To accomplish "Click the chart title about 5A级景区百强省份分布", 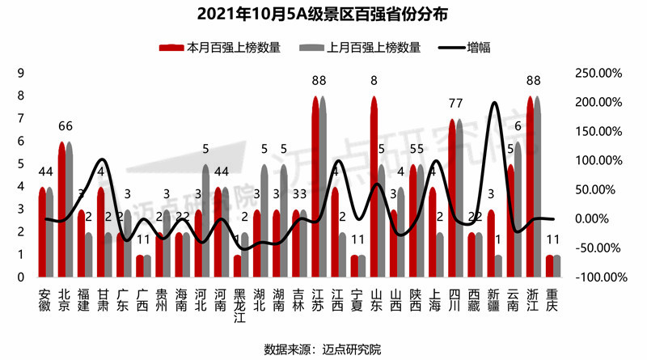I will (323, 15).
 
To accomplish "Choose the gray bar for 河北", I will (206, 222).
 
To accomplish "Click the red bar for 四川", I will (452, 199).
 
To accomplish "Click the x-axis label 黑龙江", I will (238, 303).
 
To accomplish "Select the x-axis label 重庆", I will (552, 296).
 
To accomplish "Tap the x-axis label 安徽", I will (45, 296).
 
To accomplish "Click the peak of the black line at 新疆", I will (494, 104).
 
